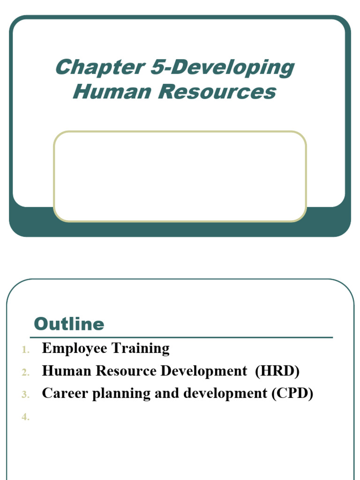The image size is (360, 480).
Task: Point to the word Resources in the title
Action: tap(217, 91)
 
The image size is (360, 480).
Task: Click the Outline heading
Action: tap(69, 324)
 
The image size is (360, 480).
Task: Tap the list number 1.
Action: tap(25, 350)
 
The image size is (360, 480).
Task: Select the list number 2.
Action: tap(25, 373)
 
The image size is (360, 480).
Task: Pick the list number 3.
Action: tap(25, 395)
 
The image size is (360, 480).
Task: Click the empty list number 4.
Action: tap(25, 418)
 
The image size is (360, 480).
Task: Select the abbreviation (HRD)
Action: tap(277, 371)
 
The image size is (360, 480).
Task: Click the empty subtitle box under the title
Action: tap(180, 176)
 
